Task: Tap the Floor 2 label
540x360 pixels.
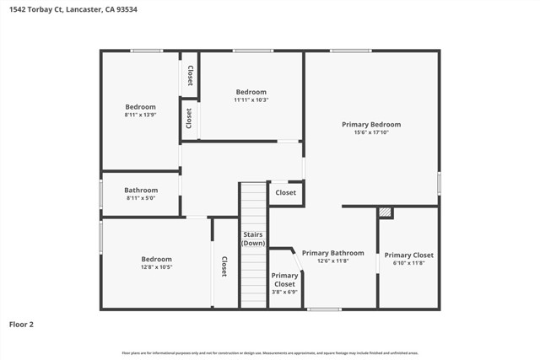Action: point(22,323)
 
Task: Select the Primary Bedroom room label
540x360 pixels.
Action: point(371,125)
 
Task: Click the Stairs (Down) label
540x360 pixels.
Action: point(253,239)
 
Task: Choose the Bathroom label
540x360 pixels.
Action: point(141,190)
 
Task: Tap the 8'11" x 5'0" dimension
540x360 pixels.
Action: point(141,199)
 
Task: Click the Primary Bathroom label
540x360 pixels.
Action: point(333,253)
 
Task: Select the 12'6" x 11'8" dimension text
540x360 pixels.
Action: point(333,261)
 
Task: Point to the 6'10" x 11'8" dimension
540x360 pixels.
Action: point(408,263)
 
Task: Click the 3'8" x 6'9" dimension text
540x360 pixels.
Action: point(285,293)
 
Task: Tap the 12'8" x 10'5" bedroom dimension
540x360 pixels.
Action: point(156,267)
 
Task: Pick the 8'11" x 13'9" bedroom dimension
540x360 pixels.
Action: point(141,116)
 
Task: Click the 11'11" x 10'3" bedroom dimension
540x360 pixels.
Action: point(251,100)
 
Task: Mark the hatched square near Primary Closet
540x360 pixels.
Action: point(386,212)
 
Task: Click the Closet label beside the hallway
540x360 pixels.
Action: point(286,193)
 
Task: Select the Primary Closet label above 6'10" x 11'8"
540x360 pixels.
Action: point(408,255)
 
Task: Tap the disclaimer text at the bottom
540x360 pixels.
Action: point(270,352)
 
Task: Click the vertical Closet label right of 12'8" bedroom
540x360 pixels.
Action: point(224,266)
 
